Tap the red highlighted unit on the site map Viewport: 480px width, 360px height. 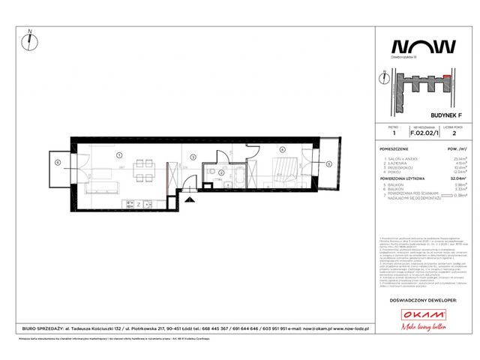point(448,76)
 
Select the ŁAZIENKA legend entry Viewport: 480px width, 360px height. point(397,163)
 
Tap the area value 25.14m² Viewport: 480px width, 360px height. point(451,159)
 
